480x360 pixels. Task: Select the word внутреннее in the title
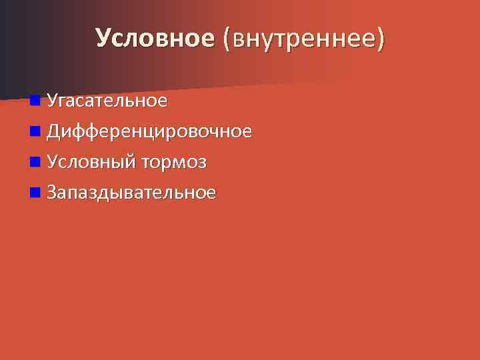tap(304, 39)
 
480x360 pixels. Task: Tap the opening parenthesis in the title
tap(228, 39)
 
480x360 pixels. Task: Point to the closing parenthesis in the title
tap(381, 39)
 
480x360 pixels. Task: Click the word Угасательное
tap(107, 101)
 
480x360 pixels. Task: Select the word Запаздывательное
tap(131, 193)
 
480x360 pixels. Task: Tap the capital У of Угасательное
tap(52, 101)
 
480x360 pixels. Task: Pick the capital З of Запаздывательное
tap(52, 193)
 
